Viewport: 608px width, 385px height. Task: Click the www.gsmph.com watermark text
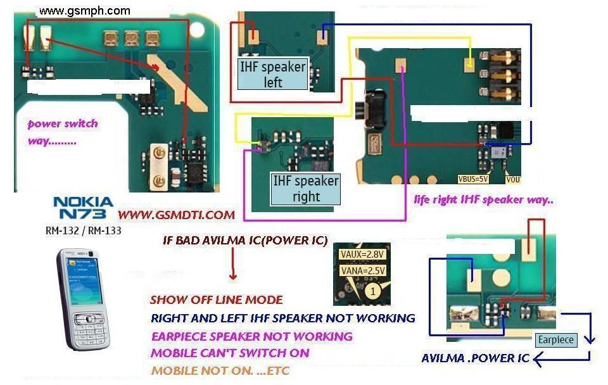point(84,11)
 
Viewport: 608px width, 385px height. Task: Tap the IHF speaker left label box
point(272,74)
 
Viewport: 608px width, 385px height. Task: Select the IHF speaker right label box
point(305,189)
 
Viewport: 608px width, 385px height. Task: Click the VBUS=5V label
point(474,179)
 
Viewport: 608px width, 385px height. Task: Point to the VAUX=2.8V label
point(363,255)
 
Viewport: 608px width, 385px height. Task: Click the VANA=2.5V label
point(363,271)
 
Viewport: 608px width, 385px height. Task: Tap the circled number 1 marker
point(374,292)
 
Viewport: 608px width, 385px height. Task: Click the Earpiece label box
point(555,340)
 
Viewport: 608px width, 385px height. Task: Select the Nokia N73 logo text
point(84,208)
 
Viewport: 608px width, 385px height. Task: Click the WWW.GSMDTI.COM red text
point(176,215)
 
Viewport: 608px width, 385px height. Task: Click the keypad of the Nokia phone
point(89,325)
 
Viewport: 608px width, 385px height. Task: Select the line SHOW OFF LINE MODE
point(216,300)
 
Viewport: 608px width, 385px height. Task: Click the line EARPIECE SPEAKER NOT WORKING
point(251,336)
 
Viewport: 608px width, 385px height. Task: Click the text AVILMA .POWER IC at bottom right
point(475,358)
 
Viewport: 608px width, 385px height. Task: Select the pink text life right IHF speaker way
point(484,200)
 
